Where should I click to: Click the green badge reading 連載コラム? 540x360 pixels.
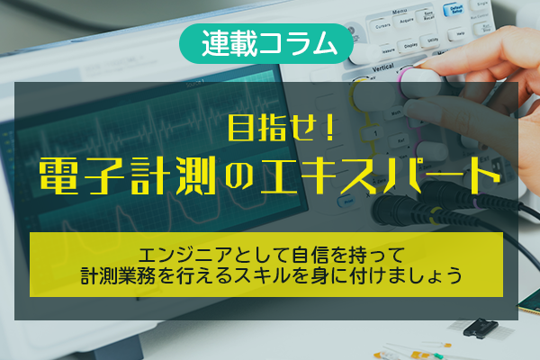coord(266,43)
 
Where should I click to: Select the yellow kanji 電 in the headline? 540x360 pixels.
coord(58,175)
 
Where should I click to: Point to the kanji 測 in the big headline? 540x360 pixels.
coord(195,175)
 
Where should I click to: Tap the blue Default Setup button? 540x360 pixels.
coord(454,10)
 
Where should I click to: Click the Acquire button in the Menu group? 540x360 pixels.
coord(407,22)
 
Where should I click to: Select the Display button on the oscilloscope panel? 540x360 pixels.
coord(409,45)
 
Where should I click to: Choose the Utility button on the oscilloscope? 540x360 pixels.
coord(432,40)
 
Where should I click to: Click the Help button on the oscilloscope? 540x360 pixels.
coord(459,33)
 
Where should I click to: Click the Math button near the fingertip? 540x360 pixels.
coord(395,113)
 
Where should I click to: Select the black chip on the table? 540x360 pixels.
coord(480,328)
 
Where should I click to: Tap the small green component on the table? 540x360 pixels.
coord(437,355)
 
